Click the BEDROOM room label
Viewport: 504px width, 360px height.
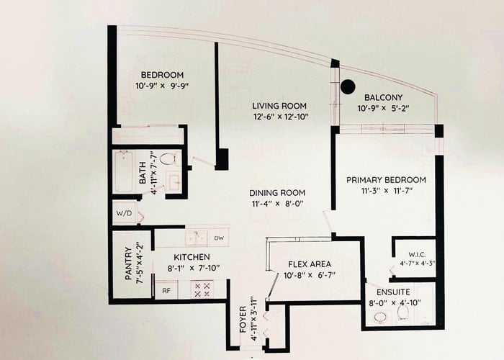tap(162, 75)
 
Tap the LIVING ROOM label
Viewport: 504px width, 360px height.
tap(279, 106)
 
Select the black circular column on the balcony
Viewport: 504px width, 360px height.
tap(348, 86)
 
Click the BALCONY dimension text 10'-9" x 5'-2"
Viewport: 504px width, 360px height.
tap(384, 108)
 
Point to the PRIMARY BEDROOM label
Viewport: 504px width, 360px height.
tap(386, 180)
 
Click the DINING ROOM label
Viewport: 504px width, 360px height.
tap(277, 193)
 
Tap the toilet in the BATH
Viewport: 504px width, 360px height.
tap(168, 159)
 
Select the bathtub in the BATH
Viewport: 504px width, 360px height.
tap(123, 171)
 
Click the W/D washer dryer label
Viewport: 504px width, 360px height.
tap(124, 213)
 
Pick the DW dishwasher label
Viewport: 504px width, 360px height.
tap(219, 238)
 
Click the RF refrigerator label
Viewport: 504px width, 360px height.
tap(166, 291)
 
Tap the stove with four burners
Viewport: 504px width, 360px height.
tap(202, 289)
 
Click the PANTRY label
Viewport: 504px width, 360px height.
tap(128, 264)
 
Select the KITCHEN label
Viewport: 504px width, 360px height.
tap(192, 257)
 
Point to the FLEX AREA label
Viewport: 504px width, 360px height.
tap(310, 264)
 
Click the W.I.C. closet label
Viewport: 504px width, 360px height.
tap(417, 255)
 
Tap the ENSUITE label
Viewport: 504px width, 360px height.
tap(393, 292)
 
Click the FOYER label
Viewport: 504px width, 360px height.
tap(243, 320)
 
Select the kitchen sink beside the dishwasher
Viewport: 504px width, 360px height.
tap(197, 238)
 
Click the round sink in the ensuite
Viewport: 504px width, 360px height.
tap(381, 318)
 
